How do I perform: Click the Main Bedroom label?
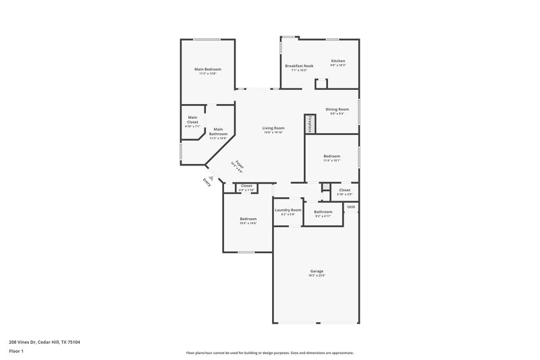click(207, 69)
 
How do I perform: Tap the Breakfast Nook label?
click(298, 66)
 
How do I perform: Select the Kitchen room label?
click(337, 61)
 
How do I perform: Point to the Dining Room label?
click(337, 109)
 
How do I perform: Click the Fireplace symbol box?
click(309, 124)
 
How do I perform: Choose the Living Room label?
click(273, 128)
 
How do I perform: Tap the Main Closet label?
click(192, 119)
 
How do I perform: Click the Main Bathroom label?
click(218, 131)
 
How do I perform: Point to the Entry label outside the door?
click(207, 182)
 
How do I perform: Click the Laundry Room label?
click(288, 209)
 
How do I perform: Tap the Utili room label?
click(351, 207)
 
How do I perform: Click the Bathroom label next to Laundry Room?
click(323, 211)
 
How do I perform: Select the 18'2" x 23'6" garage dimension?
click(317, 276)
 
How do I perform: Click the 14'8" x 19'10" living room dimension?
click(273, 132)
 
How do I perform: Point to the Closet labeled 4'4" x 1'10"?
click(246, 186)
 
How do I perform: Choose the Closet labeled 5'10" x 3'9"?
click(344, 190)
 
